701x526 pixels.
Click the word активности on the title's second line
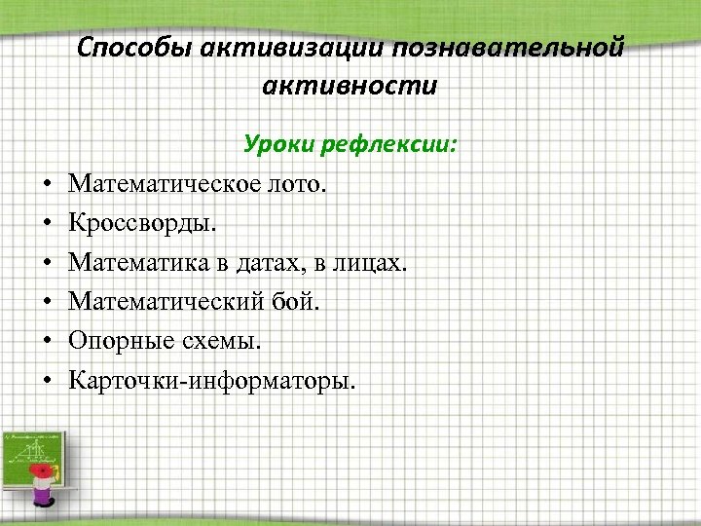(350, 86)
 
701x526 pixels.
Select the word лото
(300, 184)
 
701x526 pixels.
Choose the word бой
(295, 302)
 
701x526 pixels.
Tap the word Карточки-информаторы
(212, 380)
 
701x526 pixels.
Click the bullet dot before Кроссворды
(48, 224)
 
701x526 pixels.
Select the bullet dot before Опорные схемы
(48, 342)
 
